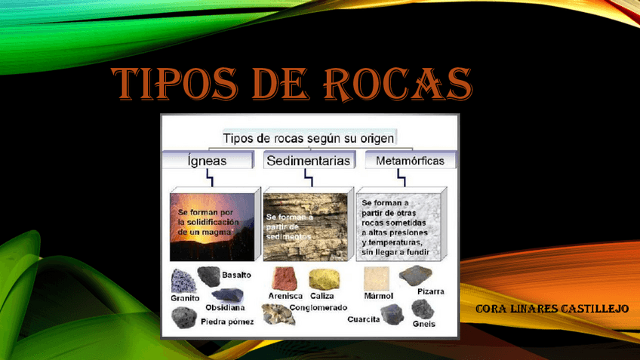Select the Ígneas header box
pos(206,161)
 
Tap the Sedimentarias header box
pos(307,161)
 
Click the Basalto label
pos(236,275)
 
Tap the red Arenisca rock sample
pos(285,278)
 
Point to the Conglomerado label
pos(318,308)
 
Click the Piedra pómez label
pos(227,322)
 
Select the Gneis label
pos(424,323)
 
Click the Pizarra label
pos(430,291)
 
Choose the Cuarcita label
pos(363,319)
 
